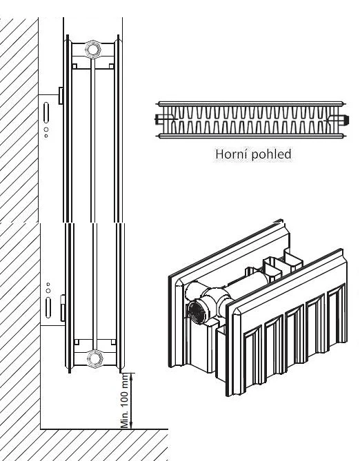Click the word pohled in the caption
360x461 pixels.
pos(272,154)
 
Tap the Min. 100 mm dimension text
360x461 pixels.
pos(125,400)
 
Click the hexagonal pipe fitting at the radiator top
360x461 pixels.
pos(93,49)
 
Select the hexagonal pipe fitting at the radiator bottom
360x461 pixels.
pos(94,358)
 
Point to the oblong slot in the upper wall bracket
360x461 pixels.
pos(46,112)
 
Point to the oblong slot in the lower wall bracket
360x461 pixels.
pos(48,307)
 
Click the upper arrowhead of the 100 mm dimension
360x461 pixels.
pos(131,377)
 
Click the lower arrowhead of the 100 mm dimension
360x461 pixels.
pos(131,425)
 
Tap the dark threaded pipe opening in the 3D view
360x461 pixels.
pos(196,312)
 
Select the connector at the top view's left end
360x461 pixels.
pos(159,119)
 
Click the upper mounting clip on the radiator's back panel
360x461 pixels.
pos(61,96)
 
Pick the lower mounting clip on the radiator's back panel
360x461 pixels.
pos(63,308)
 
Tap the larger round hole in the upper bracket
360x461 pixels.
pos(46,130)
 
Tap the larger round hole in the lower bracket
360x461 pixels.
pos(48,291)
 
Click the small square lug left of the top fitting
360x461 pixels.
pos(74,66)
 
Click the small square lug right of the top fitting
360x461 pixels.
pos(111,66)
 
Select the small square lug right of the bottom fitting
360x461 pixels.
pos(113,342)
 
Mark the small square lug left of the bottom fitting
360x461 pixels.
pos(77,342)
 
